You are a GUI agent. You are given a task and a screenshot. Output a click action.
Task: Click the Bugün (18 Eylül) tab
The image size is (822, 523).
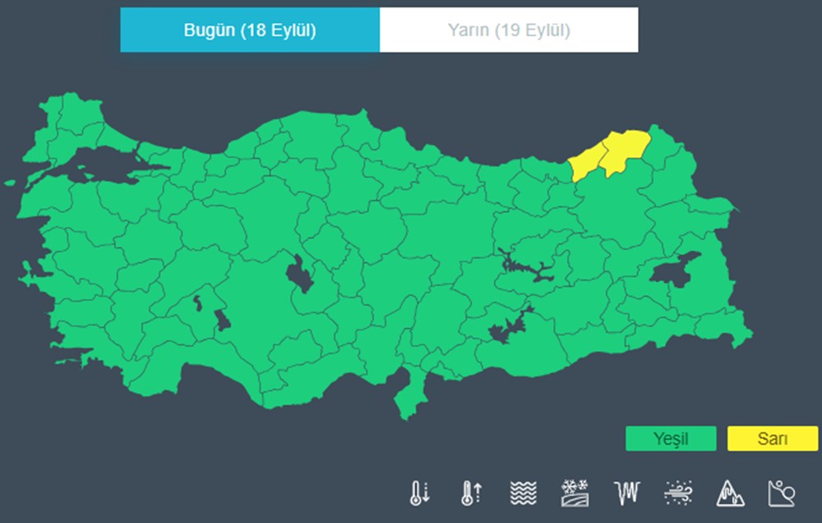(250, 30)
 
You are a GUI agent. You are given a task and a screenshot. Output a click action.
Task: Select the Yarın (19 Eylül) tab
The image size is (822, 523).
(509, 30)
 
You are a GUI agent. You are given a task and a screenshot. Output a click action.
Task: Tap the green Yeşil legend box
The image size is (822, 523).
(670, 439)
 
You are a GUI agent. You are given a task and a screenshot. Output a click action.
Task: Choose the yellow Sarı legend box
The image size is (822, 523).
(772, 439)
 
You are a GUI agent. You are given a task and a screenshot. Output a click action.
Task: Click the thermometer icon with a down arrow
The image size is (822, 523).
(419, 493)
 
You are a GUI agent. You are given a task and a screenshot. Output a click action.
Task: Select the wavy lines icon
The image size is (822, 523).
(523, 493)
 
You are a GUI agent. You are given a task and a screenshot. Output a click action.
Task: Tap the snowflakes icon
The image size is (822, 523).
(574, 493)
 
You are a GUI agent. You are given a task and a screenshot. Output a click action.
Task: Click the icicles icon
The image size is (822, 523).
(626, 493)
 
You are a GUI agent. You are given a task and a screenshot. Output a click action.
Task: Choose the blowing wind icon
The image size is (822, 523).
(677, 493)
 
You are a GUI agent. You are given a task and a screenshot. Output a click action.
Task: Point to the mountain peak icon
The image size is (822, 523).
(729, 493)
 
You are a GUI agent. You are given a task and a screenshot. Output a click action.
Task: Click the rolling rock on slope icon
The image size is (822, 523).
(781, 493)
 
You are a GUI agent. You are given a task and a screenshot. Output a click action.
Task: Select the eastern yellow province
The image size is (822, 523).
(625, 152)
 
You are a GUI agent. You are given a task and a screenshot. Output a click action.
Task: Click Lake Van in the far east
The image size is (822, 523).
(674, 270)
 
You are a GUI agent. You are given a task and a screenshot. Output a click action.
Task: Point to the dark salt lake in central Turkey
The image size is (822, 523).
(299, 273)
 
